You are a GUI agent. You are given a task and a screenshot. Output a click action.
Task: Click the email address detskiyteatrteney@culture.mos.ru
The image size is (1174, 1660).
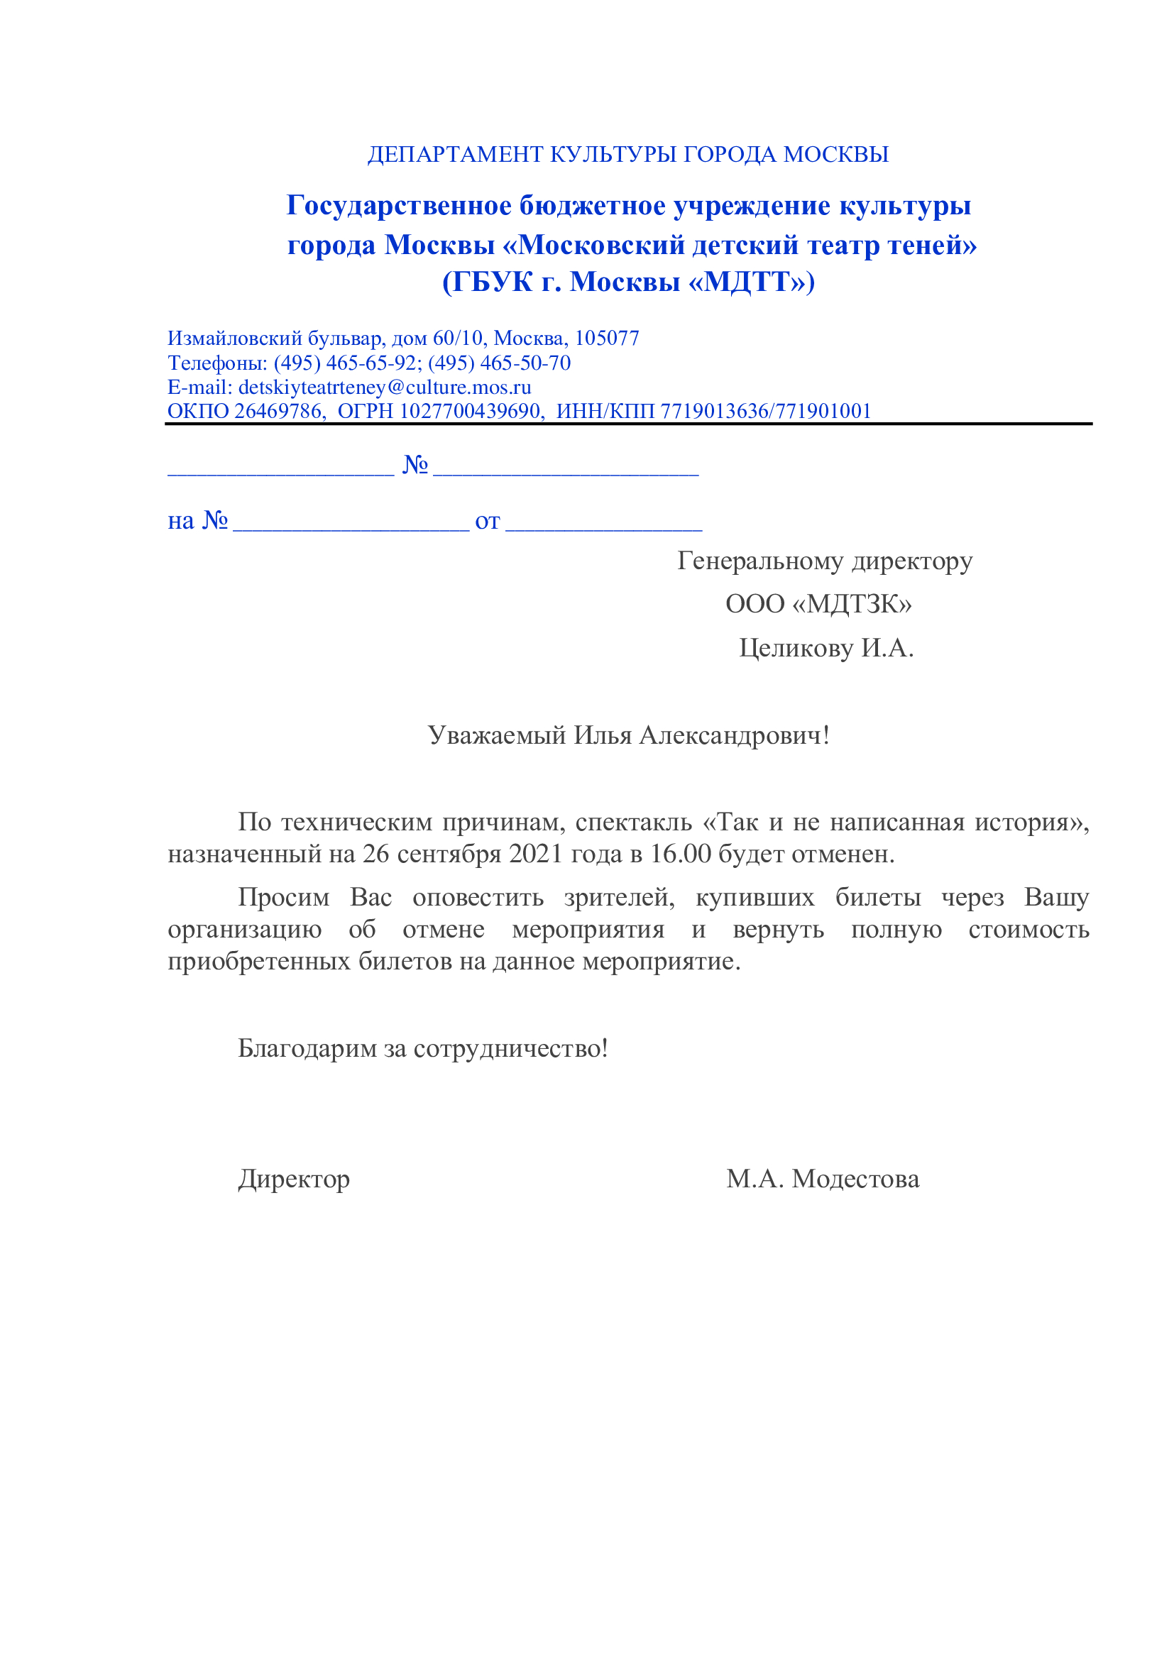(x=385, y=387)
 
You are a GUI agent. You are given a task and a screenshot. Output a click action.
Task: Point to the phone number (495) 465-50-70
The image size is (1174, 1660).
(x=500, y=363)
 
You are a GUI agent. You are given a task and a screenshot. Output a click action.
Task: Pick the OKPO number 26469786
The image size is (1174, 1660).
(x=278, y=412)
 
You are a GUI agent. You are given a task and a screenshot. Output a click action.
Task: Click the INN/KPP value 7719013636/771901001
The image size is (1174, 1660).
(x=766, y=412)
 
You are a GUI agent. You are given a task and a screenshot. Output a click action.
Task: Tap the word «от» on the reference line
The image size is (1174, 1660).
(x=487, y=522)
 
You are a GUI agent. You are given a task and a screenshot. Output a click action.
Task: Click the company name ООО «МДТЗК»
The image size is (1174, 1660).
(x=818, y=604)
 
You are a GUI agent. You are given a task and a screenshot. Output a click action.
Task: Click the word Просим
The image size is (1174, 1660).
(x=283, y=897)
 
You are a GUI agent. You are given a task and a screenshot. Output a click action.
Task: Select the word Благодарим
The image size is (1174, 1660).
(x=307, y=1048)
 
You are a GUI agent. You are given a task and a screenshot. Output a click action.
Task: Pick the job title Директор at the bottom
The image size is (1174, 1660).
(x=294, y=1179)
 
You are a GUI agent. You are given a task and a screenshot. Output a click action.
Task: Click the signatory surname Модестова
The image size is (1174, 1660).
(x=855, y=1179)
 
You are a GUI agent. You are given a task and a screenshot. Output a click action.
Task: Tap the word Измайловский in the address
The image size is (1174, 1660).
(x=234, y=339)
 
